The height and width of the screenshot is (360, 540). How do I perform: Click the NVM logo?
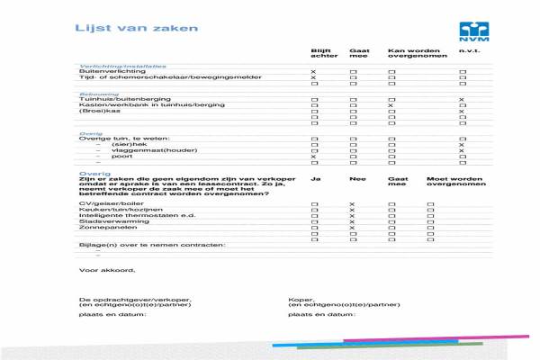pos(472,31)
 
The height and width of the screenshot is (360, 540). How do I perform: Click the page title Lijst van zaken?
pos(123,28)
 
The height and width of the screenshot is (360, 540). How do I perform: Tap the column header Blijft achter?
pos(323,54)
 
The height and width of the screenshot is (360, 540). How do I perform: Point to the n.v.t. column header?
pos(468,51)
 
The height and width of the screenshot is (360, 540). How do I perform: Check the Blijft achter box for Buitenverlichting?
pos(314,71)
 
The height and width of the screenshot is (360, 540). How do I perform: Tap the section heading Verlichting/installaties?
pos(122,66)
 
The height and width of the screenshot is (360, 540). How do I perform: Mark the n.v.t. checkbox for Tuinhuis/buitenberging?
pos(462,99)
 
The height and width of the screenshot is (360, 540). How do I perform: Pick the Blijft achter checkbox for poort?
pos(314,157)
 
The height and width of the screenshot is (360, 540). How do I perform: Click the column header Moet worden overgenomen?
pos(450,182)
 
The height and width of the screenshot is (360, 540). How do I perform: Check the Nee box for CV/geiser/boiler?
pos(352,205)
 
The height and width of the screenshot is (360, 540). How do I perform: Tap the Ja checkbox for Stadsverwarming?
pos(314,221)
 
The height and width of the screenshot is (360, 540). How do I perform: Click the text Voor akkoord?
pos(107,269)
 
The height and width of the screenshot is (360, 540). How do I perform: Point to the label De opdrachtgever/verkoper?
pos(135,299)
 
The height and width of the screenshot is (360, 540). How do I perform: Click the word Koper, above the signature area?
pos(300,299)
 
